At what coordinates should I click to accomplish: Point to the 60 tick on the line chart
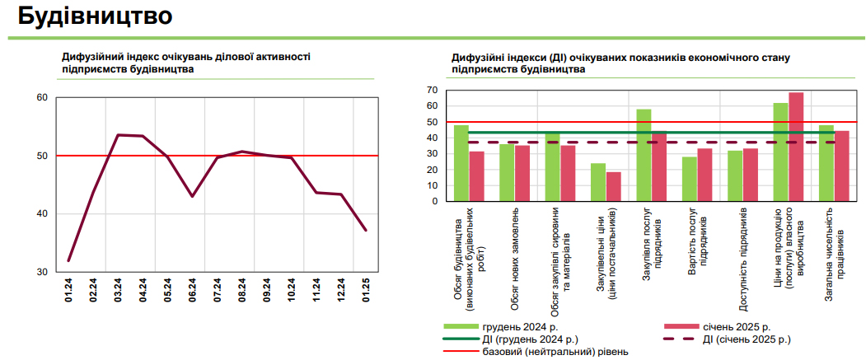coord(42,98)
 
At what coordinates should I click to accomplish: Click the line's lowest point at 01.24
coord(69,260)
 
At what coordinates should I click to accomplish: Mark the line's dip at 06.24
coord(192,196)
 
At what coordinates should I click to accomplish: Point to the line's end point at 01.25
coord(366,230)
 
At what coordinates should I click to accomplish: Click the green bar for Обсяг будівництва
coord(461,163)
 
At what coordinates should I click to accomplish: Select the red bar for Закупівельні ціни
coord(614,186)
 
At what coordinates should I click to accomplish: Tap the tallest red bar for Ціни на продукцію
coord(796,147)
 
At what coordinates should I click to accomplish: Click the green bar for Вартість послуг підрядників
coord(689,179)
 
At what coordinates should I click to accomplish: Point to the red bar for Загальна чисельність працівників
coord(841,166)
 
